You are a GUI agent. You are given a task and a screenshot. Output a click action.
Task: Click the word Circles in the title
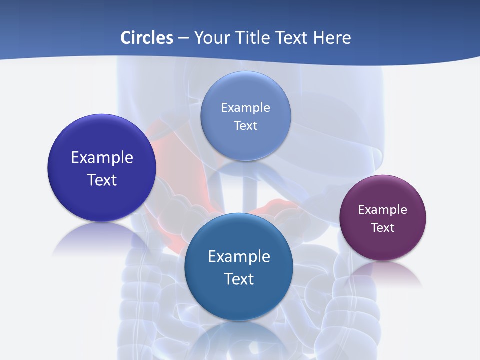click(x=147, y=38)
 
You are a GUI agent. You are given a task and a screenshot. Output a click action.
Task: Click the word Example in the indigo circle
click(x=102, y=158)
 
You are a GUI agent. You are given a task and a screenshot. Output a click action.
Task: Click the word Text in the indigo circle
click(x=102, y=180)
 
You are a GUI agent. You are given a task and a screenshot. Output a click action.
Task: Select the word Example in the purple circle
click(x=383, y=210)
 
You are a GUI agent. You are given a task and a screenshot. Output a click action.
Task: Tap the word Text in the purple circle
click(x=383, y=228)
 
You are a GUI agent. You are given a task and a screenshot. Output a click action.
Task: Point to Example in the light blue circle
click(x=245, y=108)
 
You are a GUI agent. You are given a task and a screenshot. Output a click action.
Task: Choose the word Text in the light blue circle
click(x=245, y=126)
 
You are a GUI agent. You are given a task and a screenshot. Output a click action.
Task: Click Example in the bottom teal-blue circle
click(x=239, y=257)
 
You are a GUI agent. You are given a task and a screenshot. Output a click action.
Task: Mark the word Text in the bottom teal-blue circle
click(x=239, y=279)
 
